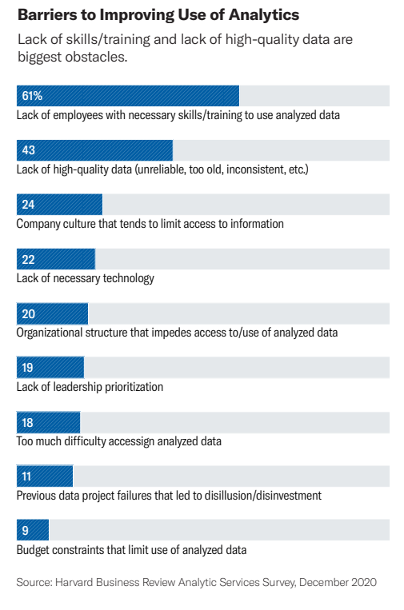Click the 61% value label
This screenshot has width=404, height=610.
coord(32,96)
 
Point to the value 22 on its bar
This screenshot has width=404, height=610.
coord(28,259)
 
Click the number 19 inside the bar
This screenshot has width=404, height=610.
coord(28,368)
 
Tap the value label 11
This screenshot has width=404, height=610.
coord(27,476)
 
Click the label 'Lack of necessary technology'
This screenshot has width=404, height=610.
coord(85,278)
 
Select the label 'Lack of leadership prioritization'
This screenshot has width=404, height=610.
coord(90,387)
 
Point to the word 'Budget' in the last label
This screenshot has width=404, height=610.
coord(33,550)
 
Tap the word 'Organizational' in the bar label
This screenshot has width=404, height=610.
coord(50,333)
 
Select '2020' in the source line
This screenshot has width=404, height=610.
coord(362,583)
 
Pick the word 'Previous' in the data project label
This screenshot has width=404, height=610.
coord(37,496)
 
